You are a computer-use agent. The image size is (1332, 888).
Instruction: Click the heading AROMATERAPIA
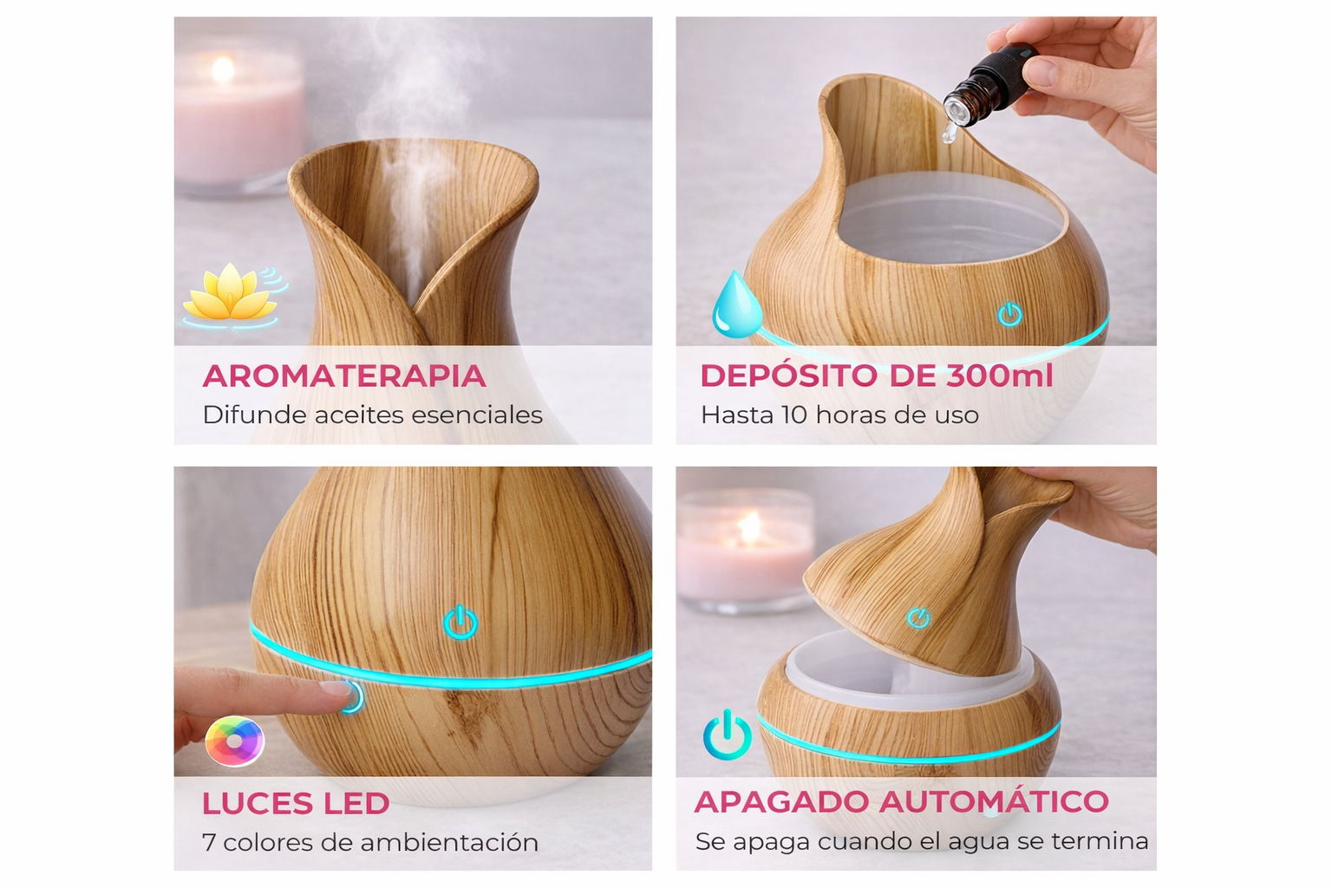[x=344, y=375]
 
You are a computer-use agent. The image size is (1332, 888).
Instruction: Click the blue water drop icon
[x=737, y=304]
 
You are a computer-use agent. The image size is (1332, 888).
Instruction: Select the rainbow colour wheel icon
[x=234, y=741]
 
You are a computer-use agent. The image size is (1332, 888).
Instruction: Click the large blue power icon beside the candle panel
[x=727, y=735]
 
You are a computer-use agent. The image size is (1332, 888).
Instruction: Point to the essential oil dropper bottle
[x=983, y=89]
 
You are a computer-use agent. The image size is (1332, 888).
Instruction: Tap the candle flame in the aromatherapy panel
[x=224, y=69]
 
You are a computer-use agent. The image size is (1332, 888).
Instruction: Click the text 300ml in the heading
[x=1000, y=375]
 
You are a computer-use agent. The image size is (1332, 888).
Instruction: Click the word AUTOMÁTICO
[x=994, y=801]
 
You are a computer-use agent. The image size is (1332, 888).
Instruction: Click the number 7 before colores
[x=209, y=842]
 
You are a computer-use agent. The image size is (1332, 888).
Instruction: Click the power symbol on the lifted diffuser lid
[x=918, y=618]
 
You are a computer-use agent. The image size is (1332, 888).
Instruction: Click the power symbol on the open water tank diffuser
[x=1009, y=314]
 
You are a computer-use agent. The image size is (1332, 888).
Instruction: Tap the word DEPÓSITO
[x=789, y=375]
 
